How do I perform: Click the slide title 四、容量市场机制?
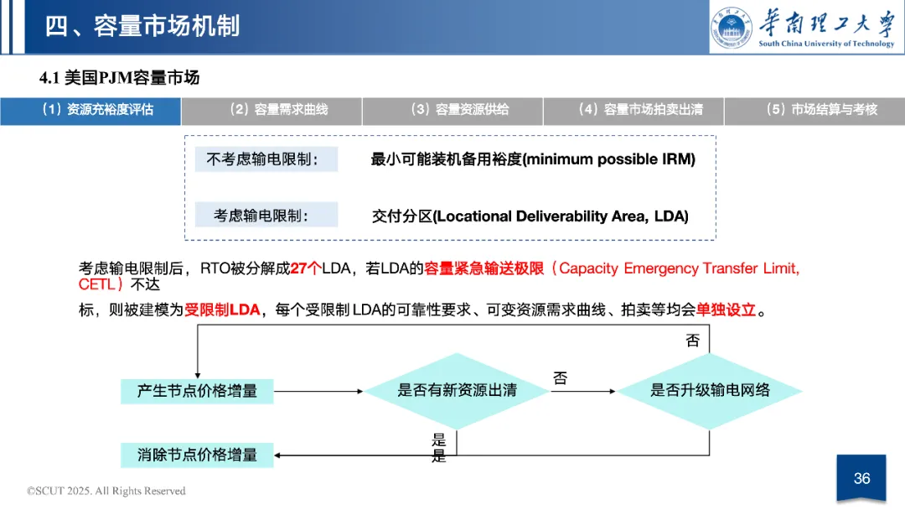[142, 25]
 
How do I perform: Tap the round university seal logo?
[732, 27]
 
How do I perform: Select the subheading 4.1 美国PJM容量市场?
[120, 78]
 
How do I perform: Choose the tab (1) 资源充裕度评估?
[90, 110]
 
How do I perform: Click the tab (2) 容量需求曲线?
[271, 110]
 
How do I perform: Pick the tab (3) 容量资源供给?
[452, 110]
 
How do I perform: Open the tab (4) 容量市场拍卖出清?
[633, 110]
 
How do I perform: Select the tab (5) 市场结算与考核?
[814, 110]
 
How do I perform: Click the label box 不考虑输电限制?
[261, 159]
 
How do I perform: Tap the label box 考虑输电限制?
[261, 216]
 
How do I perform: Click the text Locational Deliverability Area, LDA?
[561, 216]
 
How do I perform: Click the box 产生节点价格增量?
[198, 391]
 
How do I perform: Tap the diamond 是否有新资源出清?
[457, 391]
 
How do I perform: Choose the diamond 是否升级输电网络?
[711, 391]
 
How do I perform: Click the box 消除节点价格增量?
[198, 455]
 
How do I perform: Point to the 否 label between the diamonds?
[560, 378]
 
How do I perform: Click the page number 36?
[861, 478]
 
